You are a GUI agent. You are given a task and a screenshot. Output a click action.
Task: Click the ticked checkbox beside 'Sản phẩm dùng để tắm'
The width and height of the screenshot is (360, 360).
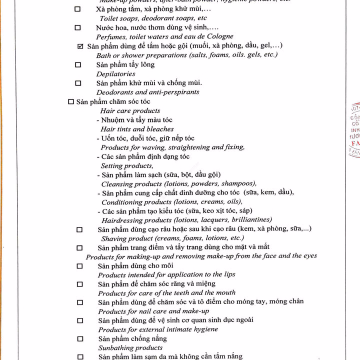pyautogui.click(x=80, y=46)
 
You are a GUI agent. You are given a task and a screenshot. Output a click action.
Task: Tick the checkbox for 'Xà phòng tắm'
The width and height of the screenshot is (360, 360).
pyautogui.click(x=77, y=9)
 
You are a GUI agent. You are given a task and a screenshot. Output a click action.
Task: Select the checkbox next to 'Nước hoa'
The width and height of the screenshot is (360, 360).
pyautogui.click(x=77, y=28)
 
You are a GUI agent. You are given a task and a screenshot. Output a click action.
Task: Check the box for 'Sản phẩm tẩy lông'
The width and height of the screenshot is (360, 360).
pyautogui.click(x=77, y=64)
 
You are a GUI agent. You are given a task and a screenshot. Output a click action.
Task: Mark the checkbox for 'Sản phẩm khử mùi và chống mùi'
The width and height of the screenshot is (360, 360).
pyautogui.click(x=77, y=83)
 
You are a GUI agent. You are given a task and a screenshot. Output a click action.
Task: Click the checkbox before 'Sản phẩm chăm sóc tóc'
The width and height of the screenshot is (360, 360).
pyautogui.click(x=70, y=101)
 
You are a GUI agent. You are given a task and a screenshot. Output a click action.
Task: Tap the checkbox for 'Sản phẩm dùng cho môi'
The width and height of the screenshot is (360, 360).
pyautogui.click(x=79, y=266)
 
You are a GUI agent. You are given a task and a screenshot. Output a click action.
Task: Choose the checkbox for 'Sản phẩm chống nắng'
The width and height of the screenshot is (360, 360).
pyautogui.click(x=79, y=339)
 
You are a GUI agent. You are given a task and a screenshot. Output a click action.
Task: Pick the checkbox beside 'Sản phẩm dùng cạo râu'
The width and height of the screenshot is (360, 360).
pyautogui.click(x=79, y=229)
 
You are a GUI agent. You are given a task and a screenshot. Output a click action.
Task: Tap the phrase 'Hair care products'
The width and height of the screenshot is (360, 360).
pyautogui.click(x=130, y=110)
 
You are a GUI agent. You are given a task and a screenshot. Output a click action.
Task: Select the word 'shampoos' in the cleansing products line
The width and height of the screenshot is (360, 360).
pyautogui.click(x=237, y=183)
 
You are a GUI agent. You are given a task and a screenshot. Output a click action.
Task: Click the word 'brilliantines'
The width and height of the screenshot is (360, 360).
pyautogui.click(x=250, y=220)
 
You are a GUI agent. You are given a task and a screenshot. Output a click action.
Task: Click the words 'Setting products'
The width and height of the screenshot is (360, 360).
pyautogui.click(x=126, y=165)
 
